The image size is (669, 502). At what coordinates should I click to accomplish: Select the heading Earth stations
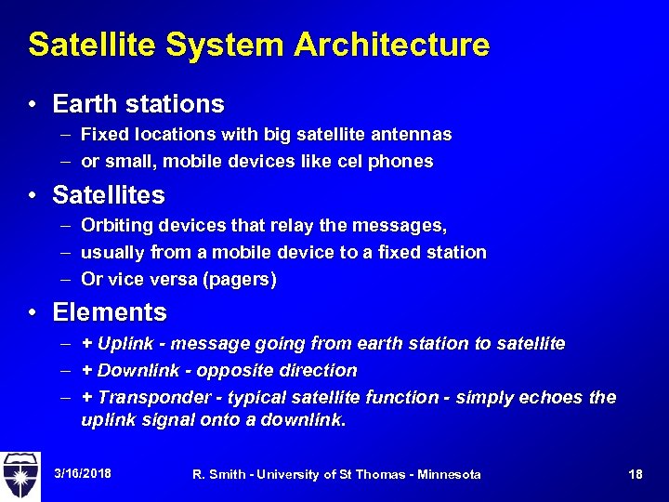[x=138, y=103]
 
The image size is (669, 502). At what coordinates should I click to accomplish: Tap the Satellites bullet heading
[x=109, y=195]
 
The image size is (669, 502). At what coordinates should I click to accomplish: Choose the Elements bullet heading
[x=110, y=312]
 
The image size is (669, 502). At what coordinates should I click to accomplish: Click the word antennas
[x=413, y=135]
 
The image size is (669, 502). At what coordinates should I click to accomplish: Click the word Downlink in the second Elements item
[x=135, y=371]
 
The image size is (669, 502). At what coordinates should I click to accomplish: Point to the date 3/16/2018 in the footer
[x=83, y=474]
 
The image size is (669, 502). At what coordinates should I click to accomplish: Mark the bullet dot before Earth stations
[x=33, y=104]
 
